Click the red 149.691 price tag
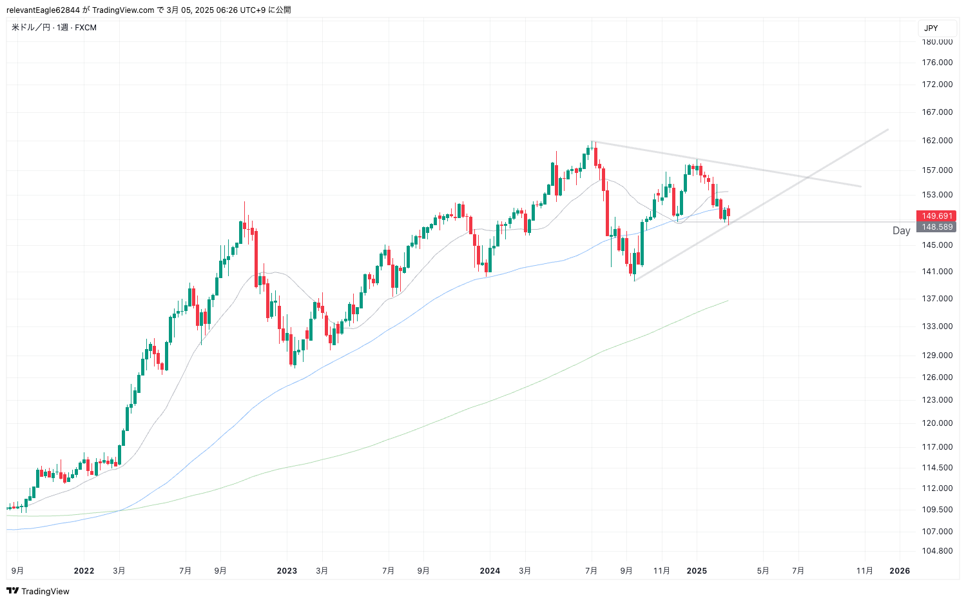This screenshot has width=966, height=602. tap(936, 216)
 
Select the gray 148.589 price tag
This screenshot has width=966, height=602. tap(936, 227)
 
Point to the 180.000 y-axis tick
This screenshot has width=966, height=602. tap(937, 42)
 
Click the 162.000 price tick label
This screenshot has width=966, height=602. tap(937, 141)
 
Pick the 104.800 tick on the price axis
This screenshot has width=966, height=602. tap(937, 551)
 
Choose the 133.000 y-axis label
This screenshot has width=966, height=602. tap(937, 326)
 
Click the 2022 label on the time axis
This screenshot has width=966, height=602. tap(84, 571)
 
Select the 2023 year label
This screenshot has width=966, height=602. tap(287, 571)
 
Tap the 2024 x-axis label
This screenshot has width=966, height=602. tap(490, 571)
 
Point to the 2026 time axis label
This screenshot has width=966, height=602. tap(900, 571)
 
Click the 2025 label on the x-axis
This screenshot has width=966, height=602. tap(697, 571)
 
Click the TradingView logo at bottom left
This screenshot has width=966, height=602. tap(38, 591)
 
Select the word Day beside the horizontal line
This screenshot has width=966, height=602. tap(901, 231)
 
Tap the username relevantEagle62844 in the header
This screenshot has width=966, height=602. tap(43, 10)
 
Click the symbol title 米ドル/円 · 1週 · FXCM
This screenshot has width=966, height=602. tap(54, 28)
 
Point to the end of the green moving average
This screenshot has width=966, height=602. tap(728, 301)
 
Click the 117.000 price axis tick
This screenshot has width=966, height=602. tap(937, 447)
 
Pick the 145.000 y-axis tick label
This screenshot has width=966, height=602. tap(937, 245)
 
